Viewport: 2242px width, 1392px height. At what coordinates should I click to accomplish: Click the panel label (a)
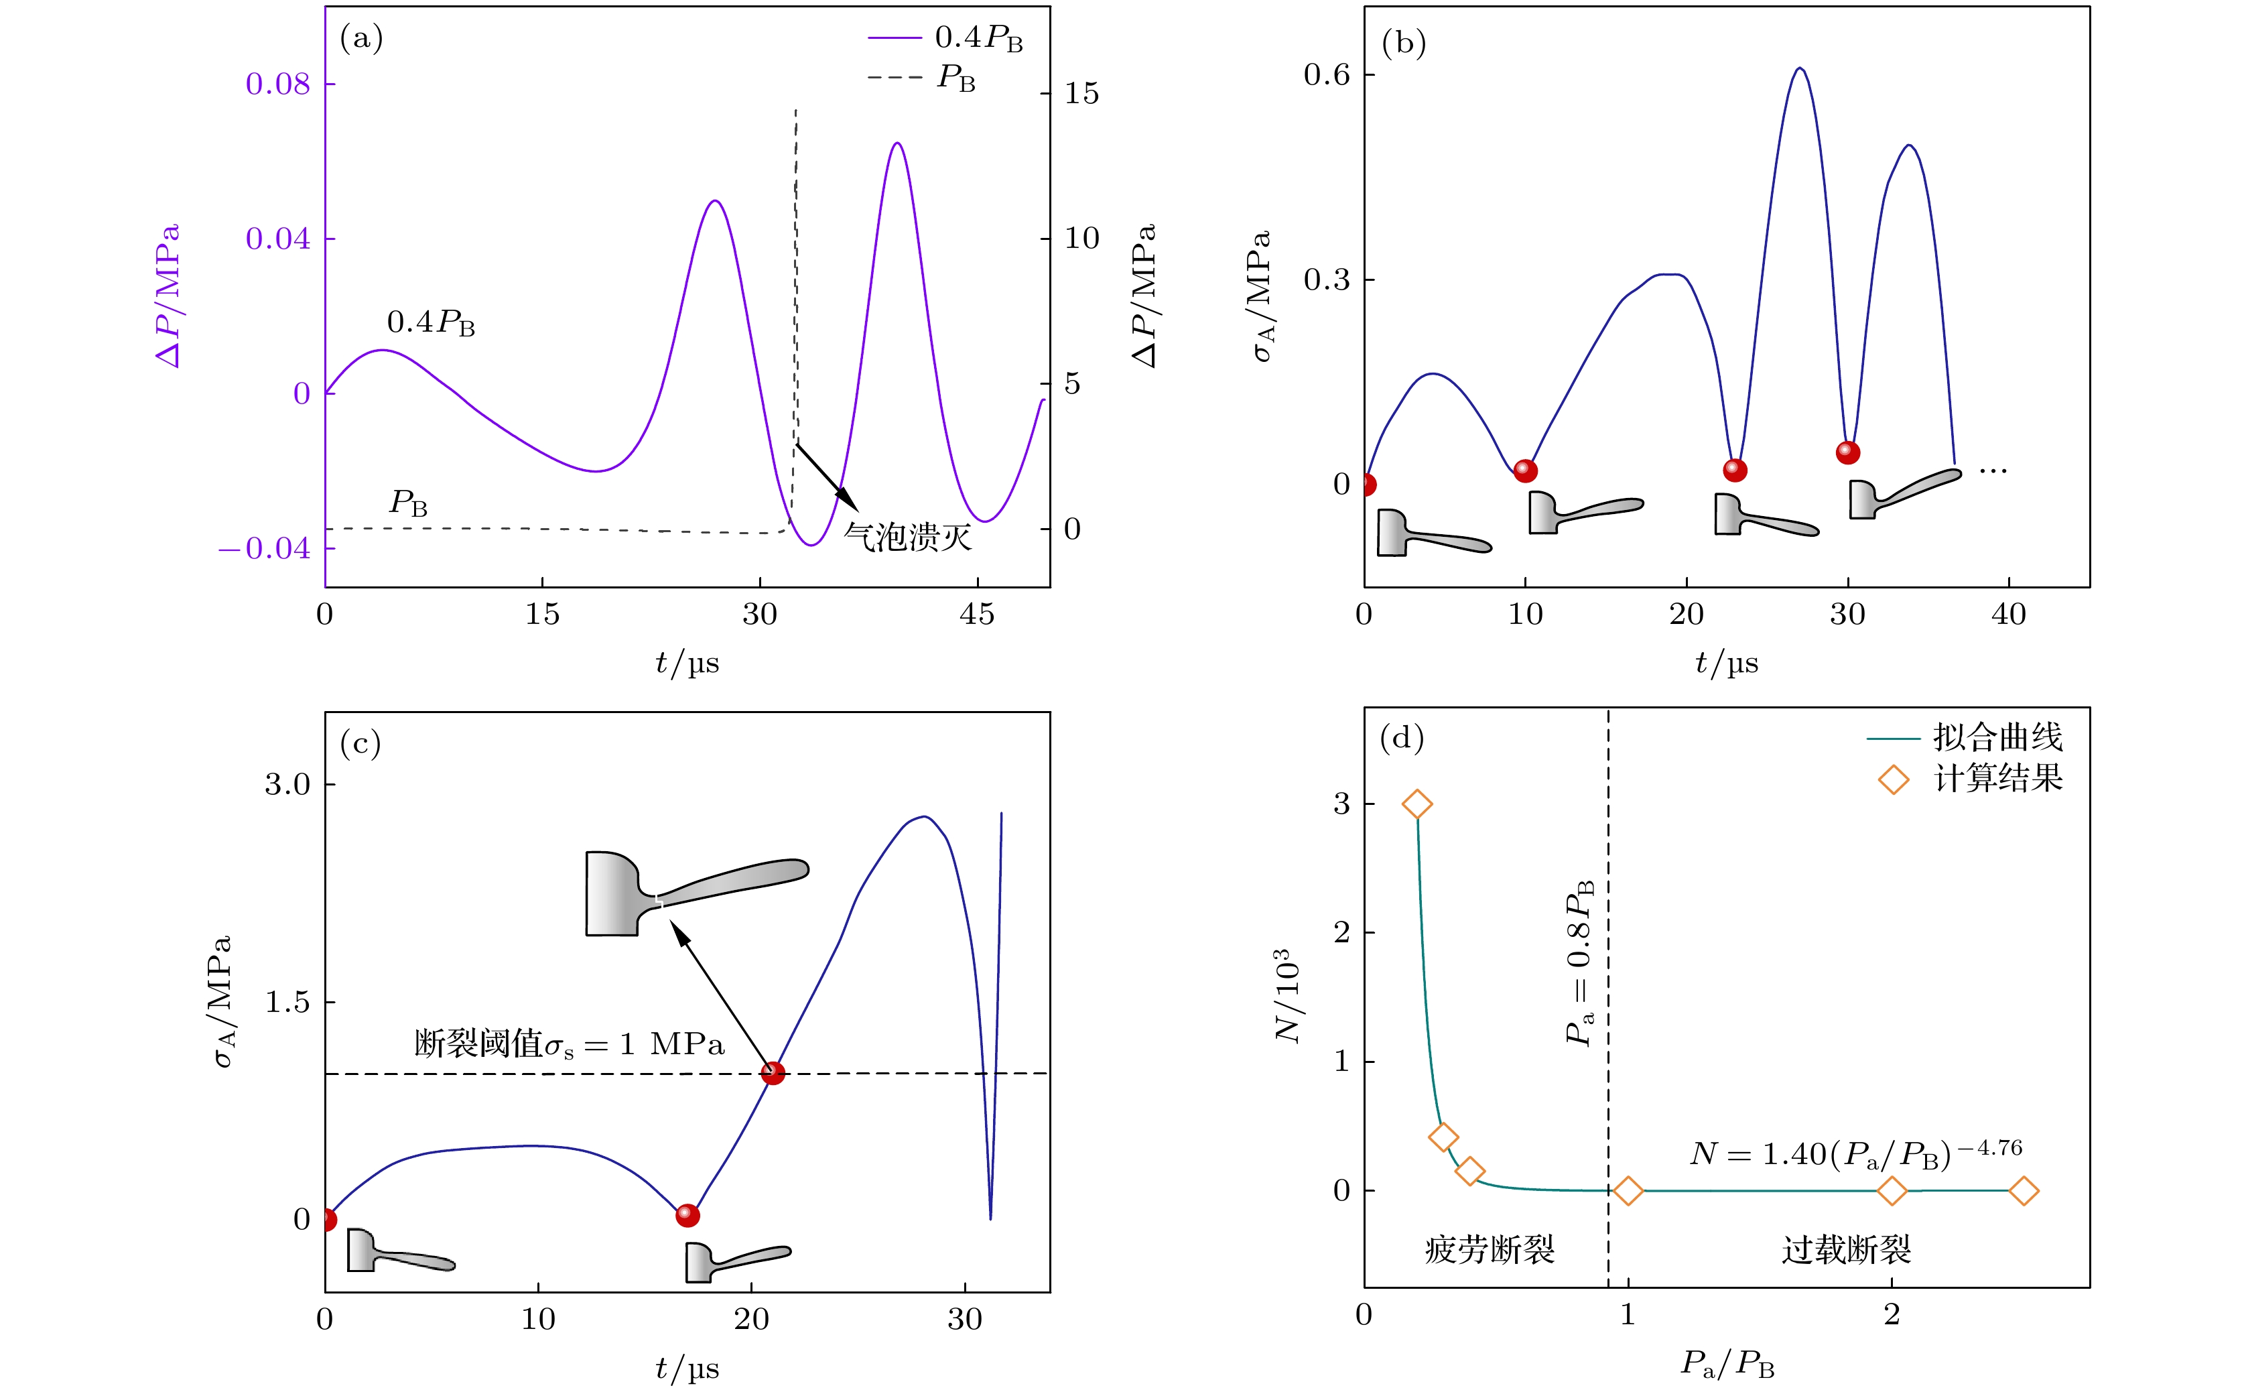coord(360,39)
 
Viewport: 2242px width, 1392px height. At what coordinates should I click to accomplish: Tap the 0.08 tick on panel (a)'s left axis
coord(278,84)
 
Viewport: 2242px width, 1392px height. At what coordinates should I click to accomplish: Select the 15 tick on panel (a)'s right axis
coord(1081,94)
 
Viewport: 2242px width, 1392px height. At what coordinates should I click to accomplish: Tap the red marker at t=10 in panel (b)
coord(1525,470)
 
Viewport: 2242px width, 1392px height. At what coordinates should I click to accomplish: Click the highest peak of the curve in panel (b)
coord(1800,69)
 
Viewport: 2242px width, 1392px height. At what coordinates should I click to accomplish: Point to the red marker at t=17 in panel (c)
coord(687,1215)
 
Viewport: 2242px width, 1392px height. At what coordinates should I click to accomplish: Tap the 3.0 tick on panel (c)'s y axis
coord(288,784)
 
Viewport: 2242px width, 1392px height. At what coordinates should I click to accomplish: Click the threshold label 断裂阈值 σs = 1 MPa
coord(569,1045)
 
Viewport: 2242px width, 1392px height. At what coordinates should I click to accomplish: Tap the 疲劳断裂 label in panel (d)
coord(1489,1250)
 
